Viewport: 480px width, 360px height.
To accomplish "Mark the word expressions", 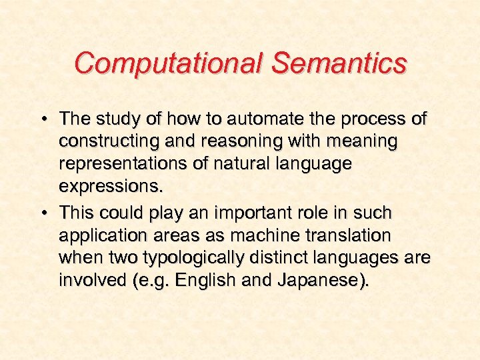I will [110, 186].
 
